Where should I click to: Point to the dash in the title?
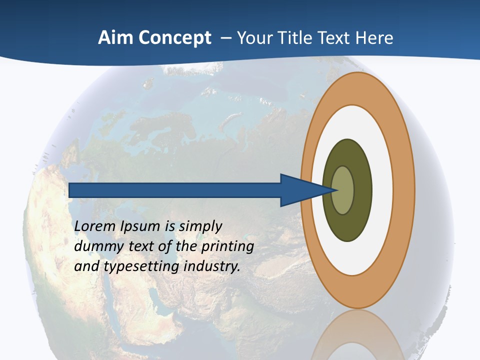point(226,38)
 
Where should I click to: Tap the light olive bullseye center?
point(343,190)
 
